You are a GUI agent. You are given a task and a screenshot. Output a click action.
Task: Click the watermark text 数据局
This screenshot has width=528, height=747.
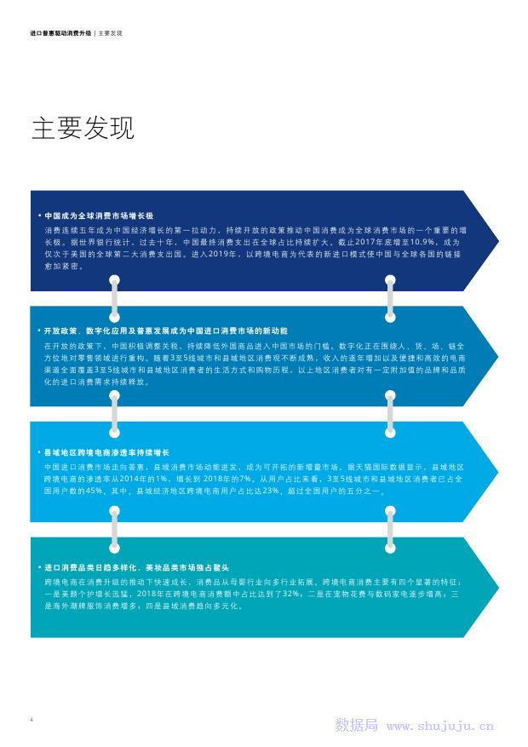click(x=356, y=726)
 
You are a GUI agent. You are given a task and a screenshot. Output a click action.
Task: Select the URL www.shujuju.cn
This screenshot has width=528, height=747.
click(x=439, y=727)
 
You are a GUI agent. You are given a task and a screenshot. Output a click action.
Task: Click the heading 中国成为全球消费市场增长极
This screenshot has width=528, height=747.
click(x=99, y=216)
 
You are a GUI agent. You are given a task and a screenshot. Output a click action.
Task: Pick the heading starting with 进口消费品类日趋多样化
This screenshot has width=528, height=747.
click(x=136, y=566)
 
